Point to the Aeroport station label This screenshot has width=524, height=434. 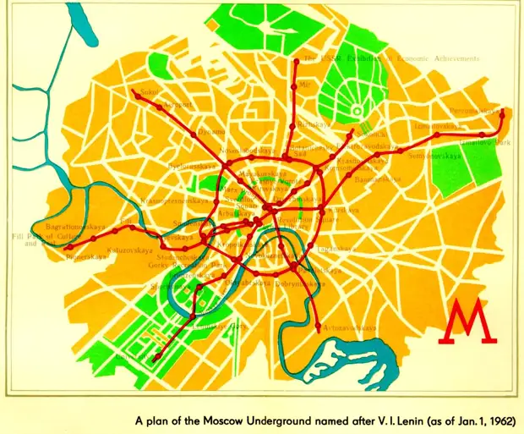(174, 105)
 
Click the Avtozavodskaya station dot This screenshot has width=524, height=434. (318, 327)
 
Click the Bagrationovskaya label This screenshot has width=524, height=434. (76, 228)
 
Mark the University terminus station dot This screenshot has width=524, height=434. (155, 360)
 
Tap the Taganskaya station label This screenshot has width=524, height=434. (333, 209)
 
